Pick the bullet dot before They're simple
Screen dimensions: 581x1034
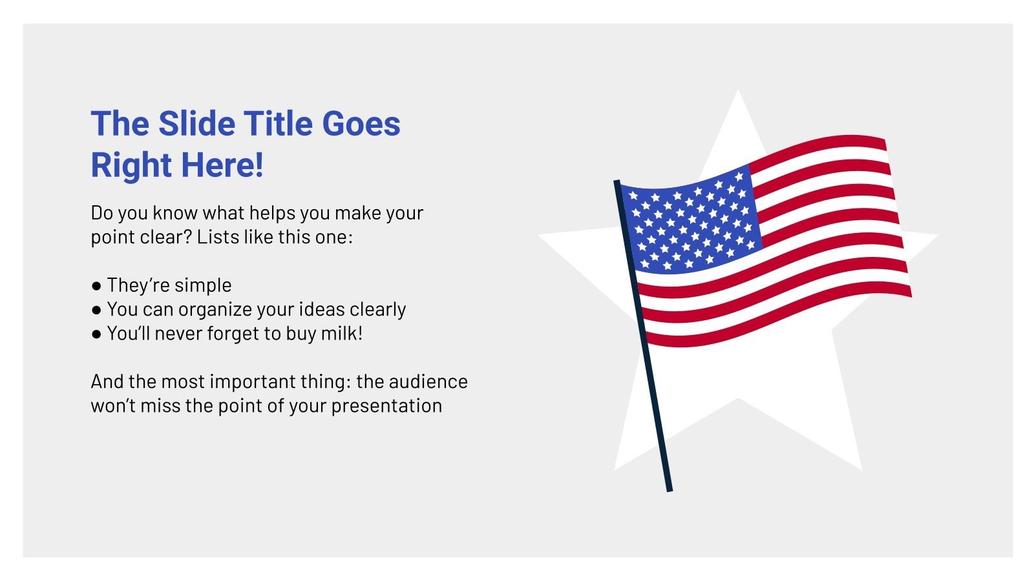(96, 285)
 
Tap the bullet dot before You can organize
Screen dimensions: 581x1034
(96, 310)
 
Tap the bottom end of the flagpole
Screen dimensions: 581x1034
(669, 489)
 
